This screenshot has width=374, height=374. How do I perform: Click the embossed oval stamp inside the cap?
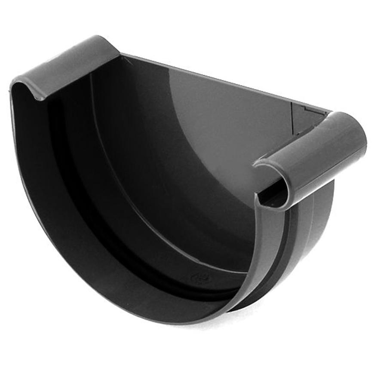pyautogui.click(x=199, y=278)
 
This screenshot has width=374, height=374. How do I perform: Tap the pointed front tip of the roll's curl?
pyautogui.click(x=258, y=163)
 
